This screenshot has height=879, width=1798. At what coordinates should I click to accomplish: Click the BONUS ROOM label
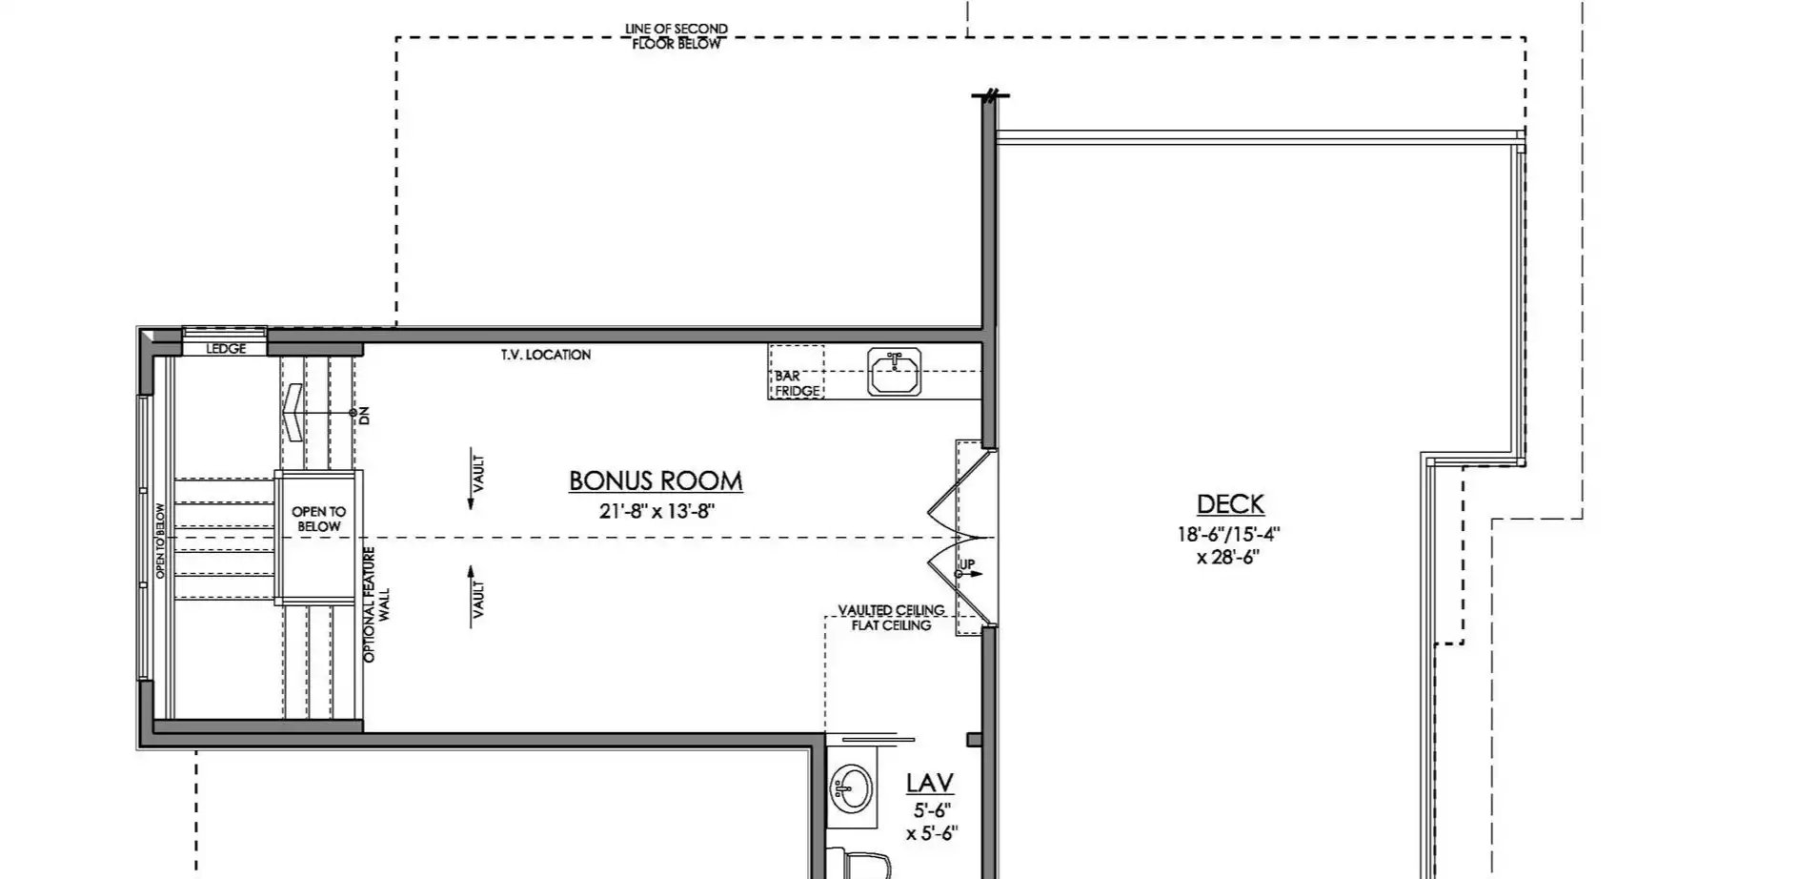[656, 480]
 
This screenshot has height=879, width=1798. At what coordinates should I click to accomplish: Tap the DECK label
[1230, 503]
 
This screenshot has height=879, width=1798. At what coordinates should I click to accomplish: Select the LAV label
[929, 783]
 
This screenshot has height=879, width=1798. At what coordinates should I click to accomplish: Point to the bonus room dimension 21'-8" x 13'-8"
[657, 511]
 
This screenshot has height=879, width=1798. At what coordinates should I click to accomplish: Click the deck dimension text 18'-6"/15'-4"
[1228, 535]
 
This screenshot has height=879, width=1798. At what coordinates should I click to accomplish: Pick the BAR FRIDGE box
[797, 372]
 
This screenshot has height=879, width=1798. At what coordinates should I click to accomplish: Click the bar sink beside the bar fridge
[894, 372]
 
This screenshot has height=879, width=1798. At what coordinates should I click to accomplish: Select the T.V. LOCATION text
[546, 355]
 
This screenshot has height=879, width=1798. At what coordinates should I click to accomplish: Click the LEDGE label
[226, 349]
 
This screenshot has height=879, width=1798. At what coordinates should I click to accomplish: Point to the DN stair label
[363, 415]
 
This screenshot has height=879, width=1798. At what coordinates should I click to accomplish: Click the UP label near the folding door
[966, 564]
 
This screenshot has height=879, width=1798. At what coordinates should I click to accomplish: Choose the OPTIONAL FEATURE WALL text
[376, 604]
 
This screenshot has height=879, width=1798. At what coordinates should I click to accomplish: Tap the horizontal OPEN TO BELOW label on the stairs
[319, 520]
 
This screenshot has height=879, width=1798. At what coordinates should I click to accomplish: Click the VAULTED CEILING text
[891, 610]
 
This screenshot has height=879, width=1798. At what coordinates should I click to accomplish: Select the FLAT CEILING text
[891, 625]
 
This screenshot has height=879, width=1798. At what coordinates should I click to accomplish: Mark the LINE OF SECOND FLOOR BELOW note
[677, 36]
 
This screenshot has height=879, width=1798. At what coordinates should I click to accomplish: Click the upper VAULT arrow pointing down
[471, 481]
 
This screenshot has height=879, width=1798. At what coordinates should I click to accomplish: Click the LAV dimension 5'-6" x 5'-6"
[931, 822]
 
